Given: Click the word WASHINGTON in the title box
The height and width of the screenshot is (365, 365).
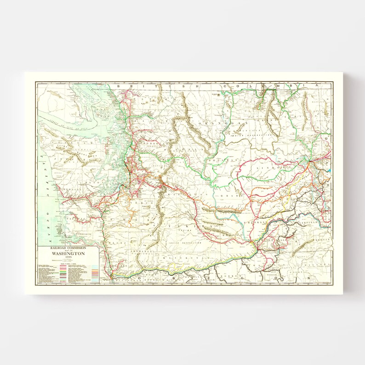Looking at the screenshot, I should (68, 253).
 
